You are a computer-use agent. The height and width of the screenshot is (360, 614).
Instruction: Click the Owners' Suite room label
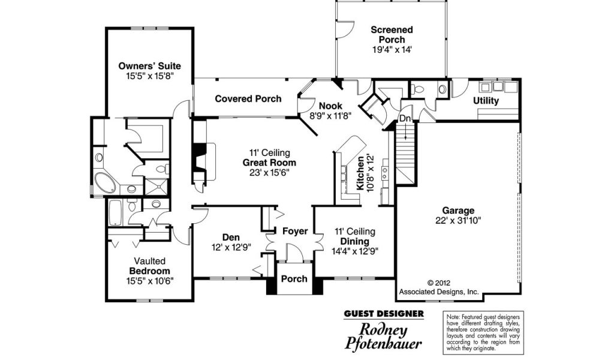coord(149,66)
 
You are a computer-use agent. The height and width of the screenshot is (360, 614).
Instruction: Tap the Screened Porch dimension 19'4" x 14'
coord(392,50)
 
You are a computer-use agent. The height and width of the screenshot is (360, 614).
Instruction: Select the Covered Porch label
coord(248,99)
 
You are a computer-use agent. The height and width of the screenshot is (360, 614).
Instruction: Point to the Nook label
coord(330,106)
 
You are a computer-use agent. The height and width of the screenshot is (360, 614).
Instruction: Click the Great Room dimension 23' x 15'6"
coord(269,173)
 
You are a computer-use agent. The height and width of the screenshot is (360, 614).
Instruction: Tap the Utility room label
coord(486,101)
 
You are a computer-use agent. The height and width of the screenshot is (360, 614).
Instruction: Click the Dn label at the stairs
coord(405,118)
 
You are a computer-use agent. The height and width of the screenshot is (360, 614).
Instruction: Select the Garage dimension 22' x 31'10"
coord(458,221)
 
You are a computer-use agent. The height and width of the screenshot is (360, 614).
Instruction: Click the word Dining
coord(354,242)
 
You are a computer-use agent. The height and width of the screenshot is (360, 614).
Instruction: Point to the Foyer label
coord(295,232)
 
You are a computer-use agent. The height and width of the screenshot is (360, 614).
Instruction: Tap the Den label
coord(231,238)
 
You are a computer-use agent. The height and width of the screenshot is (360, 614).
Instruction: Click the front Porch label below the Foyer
coord(294,279)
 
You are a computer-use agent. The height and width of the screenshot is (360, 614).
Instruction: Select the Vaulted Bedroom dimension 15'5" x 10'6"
coord(149,281)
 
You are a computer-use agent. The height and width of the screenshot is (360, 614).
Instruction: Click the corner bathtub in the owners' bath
coord(105,183)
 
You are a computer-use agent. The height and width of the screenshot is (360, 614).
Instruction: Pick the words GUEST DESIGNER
coord(384,314)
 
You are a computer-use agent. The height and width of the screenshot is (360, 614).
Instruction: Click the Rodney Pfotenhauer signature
coord(383,337)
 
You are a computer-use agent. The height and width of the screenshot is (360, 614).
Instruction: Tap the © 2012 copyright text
coord(438,283)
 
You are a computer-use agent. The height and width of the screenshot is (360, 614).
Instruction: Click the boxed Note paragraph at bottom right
coord(484,332)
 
